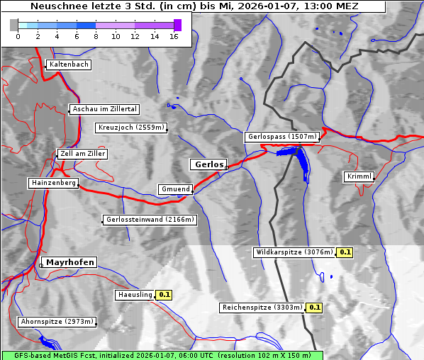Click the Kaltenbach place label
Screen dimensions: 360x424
pos(69,64)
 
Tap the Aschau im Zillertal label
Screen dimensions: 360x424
pos(105,109)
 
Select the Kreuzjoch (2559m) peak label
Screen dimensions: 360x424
pos(131,128)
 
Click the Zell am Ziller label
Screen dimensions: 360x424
pos(83,154)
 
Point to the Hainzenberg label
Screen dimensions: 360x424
pos(53,183)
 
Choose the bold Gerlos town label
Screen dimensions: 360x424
pos(208,164)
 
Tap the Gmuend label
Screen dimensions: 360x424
pos(175,189)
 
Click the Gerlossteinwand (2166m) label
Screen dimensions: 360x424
pos(150,220)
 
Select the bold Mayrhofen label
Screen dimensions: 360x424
pos(70,262)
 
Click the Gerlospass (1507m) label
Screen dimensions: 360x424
pos(282,137)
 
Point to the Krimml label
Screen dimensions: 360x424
pos(359,176)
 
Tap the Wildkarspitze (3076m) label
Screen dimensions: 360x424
pos(294,252)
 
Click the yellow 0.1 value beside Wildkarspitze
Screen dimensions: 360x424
pos(345,252)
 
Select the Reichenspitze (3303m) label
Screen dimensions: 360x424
pos(262,308)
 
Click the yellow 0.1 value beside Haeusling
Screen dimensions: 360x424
pos(164,294)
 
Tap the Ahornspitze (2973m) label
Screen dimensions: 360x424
pos(57,322)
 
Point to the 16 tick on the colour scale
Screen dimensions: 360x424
pos(174,36)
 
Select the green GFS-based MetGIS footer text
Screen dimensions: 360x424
pos(162,355)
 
